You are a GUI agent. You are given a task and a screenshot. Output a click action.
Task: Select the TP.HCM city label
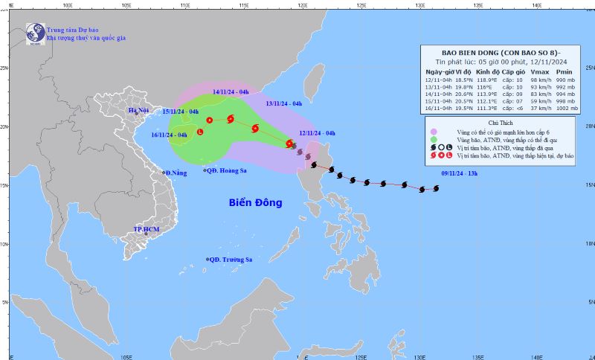pyautogui.click(x=147, y=230)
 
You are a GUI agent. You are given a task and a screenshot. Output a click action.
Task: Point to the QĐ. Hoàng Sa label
pyautogui.click(x=228, y=170)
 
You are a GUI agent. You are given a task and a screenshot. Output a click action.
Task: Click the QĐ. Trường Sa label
pyautogui.click(x=231, y=260)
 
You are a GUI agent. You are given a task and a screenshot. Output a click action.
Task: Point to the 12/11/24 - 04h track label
pyautogui.click(x=318, y=133)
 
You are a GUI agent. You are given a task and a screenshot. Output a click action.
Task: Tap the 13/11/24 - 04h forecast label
pyautogui.click(x=283, y=103)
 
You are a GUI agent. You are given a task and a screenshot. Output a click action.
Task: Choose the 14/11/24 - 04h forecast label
pyautogui.click(x=231, y=91)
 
